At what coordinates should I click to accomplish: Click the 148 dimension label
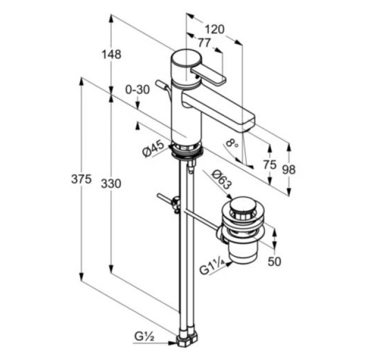point(112,54)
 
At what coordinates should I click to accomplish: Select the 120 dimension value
point(215,29)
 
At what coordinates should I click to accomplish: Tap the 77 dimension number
point(204,43)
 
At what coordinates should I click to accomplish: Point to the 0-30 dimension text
point(137,90)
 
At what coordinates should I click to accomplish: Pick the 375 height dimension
point(81,179)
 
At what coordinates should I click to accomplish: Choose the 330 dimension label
point(111,183)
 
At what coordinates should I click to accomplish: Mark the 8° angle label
point(232,143)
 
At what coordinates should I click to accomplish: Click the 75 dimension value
point(269,165)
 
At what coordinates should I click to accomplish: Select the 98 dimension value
point(289,170)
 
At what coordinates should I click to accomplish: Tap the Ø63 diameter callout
point(221,179)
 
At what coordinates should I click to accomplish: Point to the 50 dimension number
point(275,262)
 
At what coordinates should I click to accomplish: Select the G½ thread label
point(145,337)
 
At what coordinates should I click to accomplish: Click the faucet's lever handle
point(208,75)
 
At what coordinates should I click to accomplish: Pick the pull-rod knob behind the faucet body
point(160,83)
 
